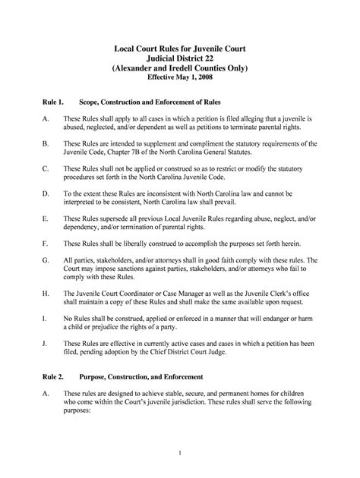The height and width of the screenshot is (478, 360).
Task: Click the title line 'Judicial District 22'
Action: [x=180, y=57]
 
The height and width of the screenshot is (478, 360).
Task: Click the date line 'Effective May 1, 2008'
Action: [x=180, y=78]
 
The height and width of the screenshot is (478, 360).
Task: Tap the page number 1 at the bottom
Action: [x=180, y=453]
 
